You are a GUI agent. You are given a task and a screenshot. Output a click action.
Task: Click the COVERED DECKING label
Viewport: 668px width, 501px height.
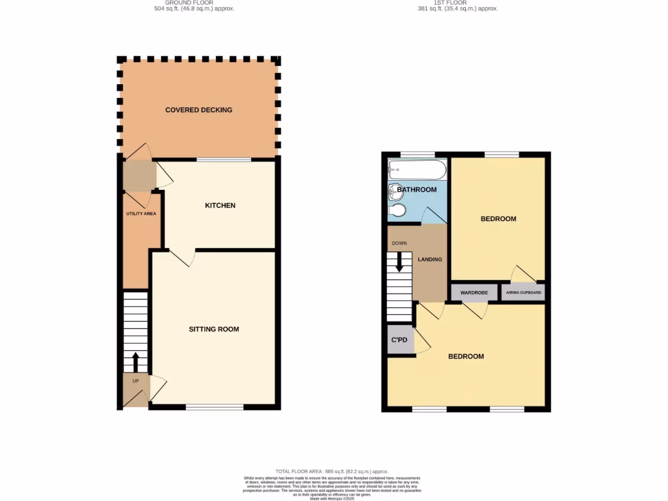[x=198, y=110]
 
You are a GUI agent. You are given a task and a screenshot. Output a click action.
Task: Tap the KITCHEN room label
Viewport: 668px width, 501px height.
[x=220, y=206]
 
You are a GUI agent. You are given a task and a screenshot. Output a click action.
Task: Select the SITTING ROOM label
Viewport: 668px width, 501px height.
[x=214, y=329]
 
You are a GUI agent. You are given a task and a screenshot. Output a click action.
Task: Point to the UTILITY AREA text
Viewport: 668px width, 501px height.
[x=141, y=213]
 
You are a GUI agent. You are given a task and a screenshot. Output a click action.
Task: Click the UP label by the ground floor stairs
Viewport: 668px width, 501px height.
[x=136, y=380]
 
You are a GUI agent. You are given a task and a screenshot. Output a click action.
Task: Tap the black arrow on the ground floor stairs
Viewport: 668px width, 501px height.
[x=136, y=361]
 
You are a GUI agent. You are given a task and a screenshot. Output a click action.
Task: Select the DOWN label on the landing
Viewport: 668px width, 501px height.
[x=399, y=243]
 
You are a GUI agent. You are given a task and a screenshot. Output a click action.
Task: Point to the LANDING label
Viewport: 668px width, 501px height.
[x=430, y=260]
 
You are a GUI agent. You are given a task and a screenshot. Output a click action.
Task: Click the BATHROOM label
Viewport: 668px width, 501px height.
[x=417, y=190]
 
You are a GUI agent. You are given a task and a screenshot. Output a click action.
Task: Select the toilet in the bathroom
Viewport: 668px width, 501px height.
[x=397, y=210]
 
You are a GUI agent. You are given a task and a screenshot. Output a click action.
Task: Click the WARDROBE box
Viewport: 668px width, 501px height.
[x=474, y=293]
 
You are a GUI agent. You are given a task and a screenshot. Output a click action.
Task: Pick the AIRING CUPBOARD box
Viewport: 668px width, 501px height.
[x=523, y=293]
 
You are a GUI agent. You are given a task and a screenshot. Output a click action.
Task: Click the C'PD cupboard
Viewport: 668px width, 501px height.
[x=399, y=340]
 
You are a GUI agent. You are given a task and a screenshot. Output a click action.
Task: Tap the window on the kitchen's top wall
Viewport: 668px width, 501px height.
[x=224, y=159]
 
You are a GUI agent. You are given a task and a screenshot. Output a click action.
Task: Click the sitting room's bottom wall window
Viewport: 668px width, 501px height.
[x=215, y=407]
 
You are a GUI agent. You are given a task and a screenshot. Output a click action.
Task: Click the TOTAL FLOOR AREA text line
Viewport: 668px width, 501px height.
[x=332, y=471]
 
